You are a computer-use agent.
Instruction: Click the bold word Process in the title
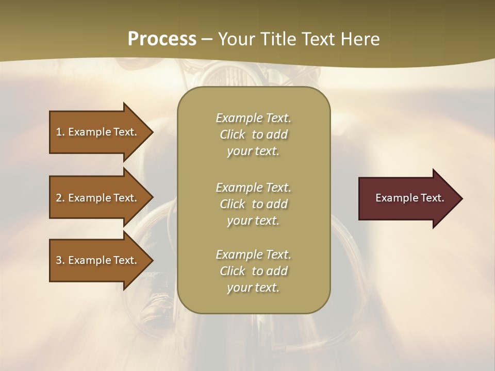pos(162,39)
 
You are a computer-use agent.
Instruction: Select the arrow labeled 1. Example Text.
pos(97,132)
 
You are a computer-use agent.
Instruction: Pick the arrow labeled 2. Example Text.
pos(97,198)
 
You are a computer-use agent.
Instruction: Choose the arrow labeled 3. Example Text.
pos(97,260)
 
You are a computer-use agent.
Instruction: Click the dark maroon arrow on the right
pos(407,198)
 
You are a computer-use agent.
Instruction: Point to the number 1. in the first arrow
pos(60,132)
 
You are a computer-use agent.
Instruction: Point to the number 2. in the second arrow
pos(60,198)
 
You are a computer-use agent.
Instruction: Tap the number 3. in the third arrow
pos(60,260)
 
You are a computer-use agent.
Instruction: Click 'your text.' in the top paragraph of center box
pos(253,151)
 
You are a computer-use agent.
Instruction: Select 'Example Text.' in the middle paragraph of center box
pos(253,187)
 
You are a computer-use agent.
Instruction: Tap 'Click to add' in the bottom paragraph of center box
pos(253,271)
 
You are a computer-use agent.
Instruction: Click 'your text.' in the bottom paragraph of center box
pos(253,288)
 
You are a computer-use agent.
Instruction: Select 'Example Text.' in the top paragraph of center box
pos(253,118)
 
